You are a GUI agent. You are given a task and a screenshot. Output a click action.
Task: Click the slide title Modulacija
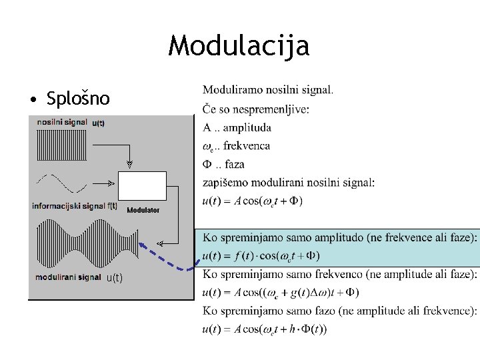coord(239,47)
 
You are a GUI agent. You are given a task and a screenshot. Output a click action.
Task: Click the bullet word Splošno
coord(78,99)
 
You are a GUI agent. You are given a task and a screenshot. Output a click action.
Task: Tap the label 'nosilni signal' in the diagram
coord(62,123)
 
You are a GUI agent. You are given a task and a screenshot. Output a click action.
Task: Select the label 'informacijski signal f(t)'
coord(75,206)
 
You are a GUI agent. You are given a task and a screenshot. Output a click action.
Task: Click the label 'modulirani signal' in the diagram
coord(67,277)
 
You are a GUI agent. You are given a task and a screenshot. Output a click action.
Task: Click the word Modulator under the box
coord(143,210)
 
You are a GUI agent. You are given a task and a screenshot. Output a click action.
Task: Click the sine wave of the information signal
coord(62,182)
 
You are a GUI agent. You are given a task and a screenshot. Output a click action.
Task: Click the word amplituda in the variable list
coord(247,127)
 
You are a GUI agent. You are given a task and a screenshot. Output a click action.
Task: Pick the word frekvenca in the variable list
coord(247,145)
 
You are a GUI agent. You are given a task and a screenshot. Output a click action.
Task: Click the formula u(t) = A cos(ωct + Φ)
coord(253,201)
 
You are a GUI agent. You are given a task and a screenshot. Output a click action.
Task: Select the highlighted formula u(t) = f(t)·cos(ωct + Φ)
coord(261,255)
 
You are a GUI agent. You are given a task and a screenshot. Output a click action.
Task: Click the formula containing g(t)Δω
coord(281,292)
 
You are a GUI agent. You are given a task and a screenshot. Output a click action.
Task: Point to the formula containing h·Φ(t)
coord(265,328)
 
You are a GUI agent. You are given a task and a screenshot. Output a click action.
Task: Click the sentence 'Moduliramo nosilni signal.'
coord(268,89)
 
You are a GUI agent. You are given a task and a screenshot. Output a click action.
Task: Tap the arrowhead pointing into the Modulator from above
coord(129,164)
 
